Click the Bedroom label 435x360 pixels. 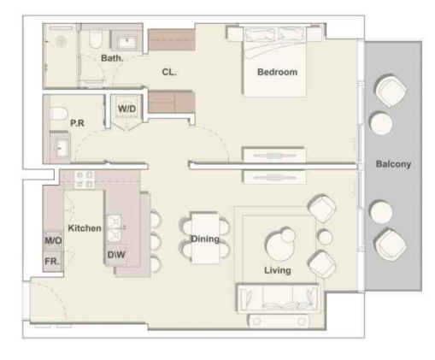277,72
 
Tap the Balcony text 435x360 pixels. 393,164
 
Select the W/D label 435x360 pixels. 126,109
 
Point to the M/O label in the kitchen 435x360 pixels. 53,241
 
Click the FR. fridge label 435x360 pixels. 52,261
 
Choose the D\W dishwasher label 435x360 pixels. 116,255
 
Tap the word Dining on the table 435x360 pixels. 205,239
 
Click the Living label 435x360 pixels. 278,270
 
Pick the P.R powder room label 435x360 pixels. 77,123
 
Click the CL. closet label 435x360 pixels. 169,72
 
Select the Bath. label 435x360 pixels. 112,58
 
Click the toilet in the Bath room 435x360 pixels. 96,39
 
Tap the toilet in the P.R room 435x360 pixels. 59,114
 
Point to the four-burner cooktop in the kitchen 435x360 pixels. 85,180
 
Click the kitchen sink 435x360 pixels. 115,228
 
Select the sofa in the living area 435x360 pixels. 278,298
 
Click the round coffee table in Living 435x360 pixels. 280,245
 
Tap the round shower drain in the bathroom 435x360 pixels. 62,42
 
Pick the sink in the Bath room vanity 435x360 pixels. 126,42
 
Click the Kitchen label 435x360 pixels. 85,228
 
